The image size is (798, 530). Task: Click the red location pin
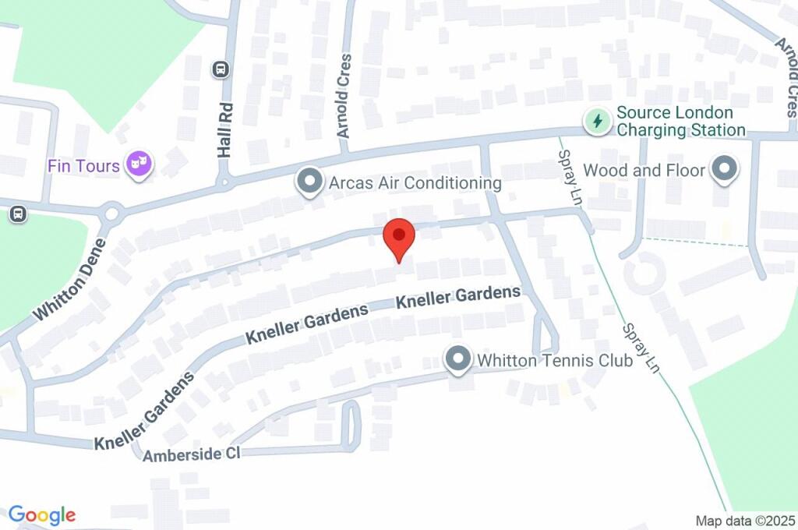[401, 236]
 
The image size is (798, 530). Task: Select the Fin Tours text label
[83, 166]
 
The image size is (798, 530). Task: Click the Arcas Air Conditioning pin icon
[309, 183]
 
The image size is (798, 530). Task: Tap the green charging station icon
[598, 121]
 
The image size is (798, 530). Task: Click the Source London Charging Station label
[681, 122]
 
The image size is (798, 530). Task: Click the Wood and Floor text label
[644, 170]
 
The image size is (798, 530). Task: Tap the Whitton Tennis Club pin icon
[457, 359]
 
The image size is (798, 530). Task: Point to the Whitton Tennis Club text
[555, 360]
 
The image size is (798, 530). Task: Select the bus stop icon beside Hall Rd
[221, 70]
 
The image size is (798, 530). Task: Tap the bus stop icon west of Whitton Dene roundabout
[16, 213]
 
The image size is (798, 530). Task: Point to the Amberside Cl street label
[192, 454]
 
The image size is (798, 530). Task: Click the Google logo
[42, 514]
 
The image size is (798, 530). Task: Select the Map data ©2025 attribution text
[746, 520]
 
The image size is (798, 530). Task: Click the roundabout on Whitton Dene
[112, 212]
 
